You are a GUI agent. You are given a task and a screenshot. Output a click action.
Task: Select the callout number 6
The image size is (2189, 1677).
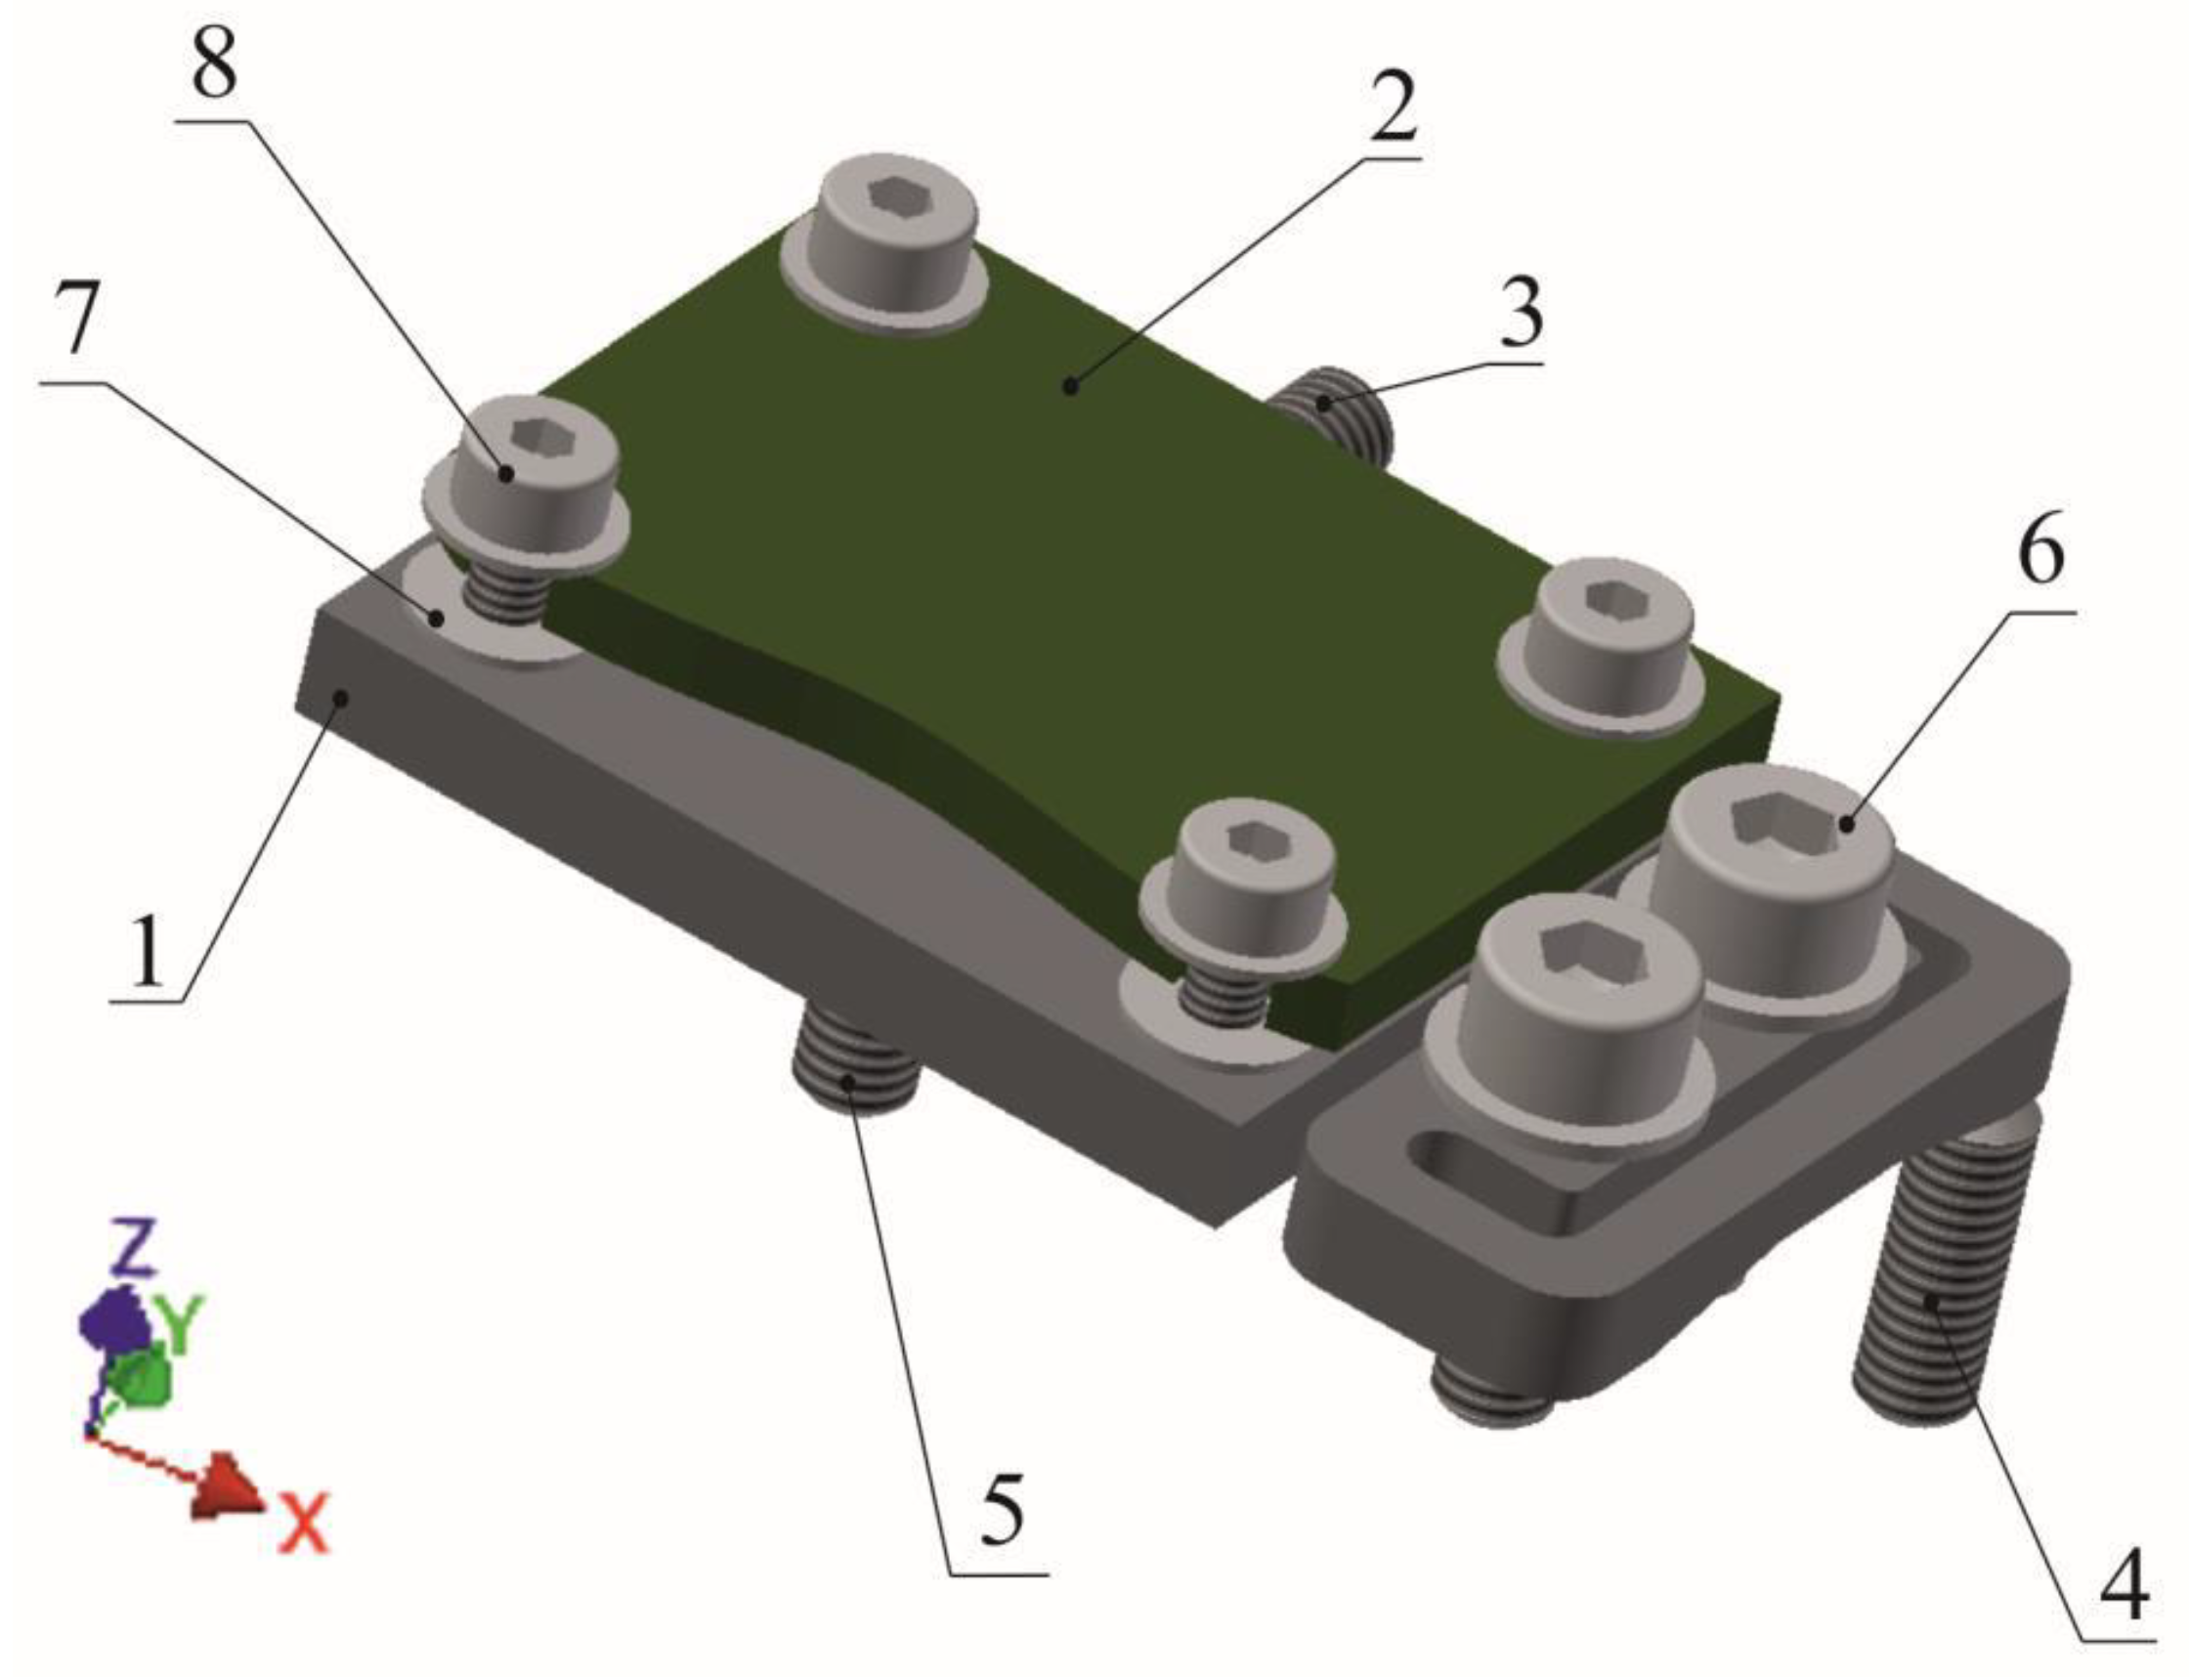click(x=2040, y=554)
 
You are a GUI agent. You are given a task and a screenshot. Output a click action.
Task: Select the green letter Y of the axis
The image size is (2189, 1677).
click(x=183, y=1322)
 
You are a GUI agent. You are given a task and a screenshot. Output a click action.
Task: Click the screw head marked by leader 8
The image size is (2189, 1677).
click(x=525, y=459)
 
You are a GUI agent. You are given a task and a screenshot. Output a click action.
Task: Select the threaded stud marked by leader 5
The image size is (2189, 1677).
click(x=853, y=1073)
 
